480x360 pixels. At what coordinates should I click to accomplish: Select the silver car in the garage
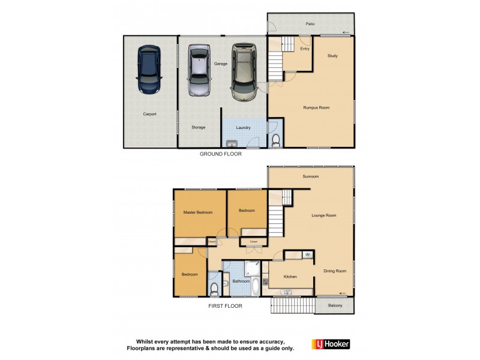point(199,70)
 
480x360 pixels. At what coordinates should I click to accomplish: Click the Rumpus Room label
point(316,107)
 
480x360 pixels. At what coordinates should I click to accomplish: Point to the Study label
point(332,56)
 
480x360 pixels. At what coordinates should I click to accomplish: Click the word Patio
point(310,24)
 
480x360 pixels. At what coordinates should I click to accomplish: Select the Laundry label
point(243,127)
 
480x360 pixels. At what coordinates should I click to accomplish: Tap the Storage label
point(199,127)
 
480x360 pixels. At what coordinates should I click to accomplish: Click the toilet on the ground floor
point(275,140)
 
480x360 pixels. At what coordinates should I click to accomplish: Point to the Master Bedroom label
point(198,212)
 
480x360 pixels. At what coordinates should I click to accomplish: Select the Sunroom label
point(310,176)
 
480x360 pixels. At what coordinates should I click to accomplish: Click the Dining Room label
point(334,271)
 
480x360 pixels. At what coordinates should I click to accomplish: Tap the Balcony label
point(335,306)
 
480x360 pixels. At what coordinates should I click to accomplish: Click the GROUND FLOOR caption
point(221,154)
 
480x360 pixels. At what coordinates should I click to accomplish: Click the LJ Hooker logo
point(331,344)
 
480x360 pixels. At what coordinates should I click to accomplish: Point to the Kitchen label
point(290,277)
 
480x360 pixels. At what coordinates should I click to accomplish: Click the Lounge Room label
point(323,215)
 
